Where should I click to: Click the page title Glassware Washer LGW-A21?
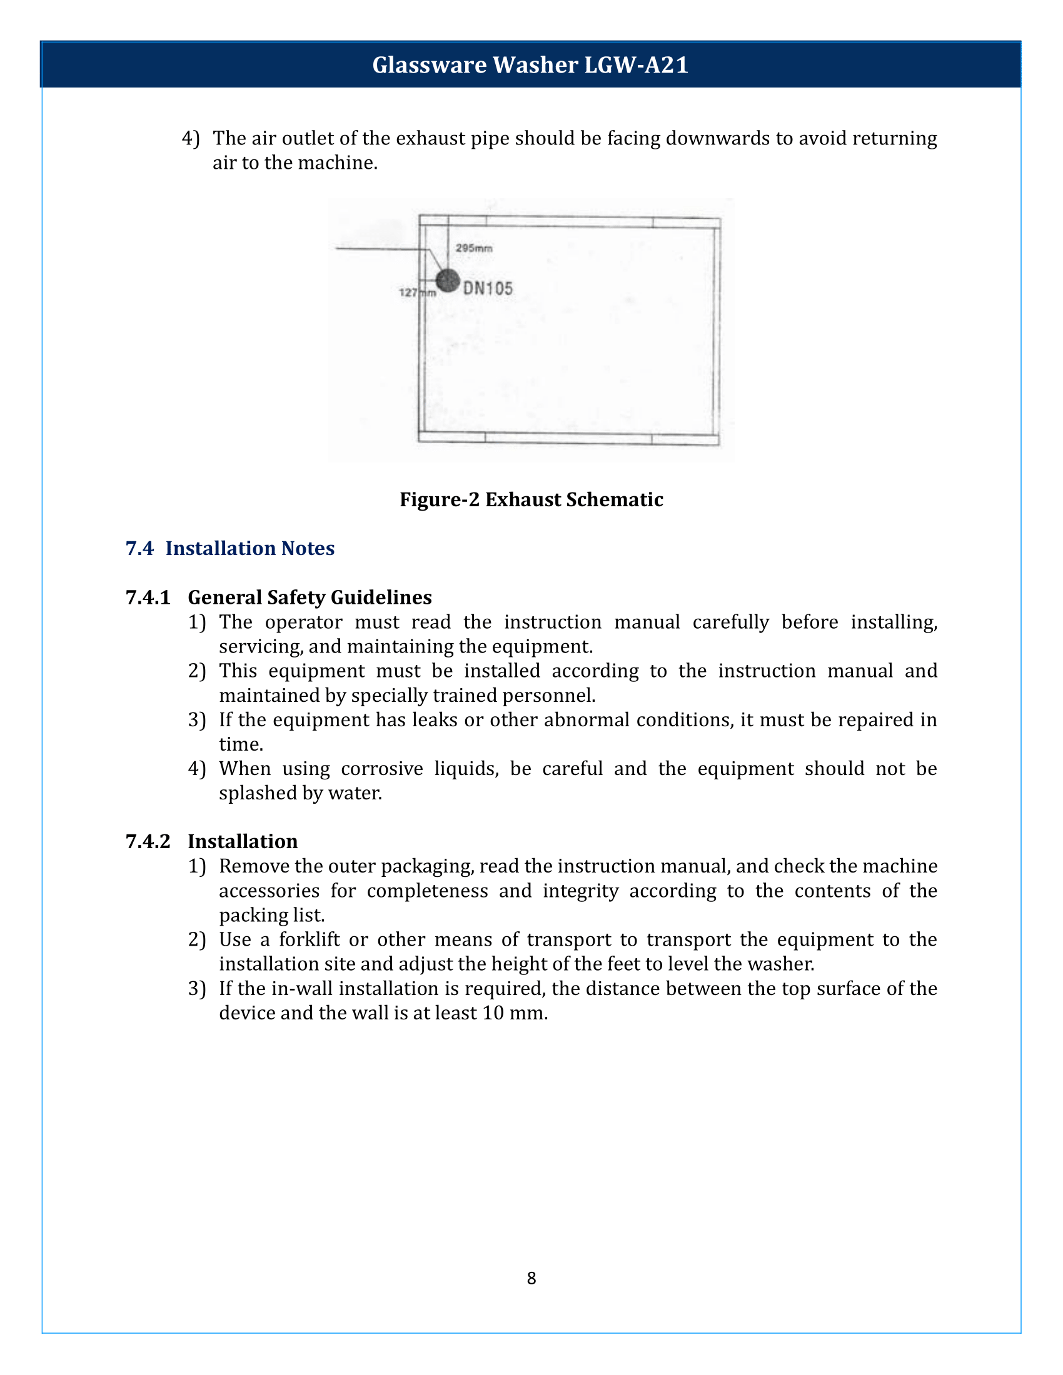(530, 65)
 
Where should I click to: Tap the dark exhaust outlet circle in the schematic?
(448, 281)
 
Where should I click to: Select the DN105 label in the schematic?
(488, 289)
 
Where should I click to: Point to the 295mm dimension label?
(473, 248)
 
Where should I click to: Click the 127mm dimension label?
(417, 292)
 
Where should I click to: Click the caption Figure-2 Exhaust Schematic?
(531, 499)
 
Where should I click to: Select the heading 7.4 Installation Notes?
(230, 548)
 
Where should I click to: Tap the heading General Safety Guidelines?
(309, 597)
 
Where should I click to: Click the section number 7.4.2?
(148, 841)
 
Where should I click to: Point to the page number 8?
(531, 1278)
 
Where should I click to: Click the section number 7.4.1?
(148, 597)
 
